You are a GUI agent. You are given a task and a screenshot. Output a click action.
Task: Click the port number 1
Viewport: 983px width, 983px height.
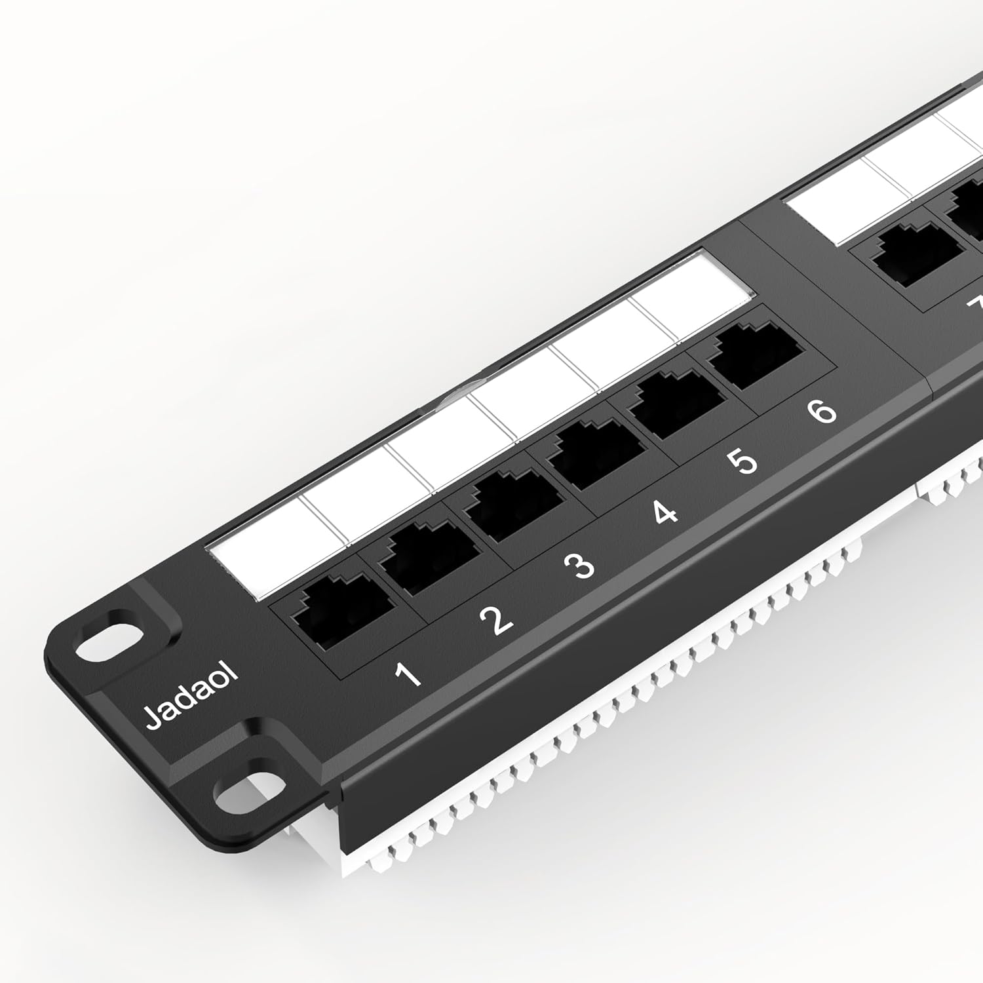click(408, 674)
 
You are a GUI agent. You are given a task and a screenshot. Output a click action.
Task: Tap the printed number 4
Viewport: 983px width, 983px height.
click(665, 513)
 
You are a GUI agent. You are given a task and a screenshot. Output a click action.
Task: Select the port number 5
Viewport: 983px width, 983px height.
click(743, 462)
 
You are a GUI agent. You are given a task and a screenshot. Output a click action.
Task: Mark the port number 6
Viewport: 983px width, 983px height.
click(822, 412)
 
